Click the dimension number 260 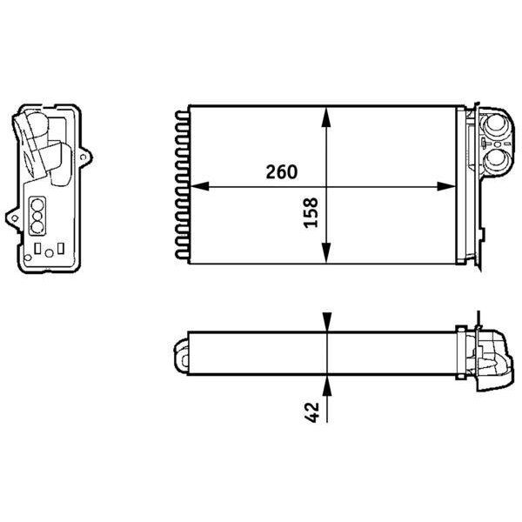click(282, 171)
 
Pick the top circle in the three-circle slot click(38, 206)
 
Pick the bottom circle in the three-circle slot click(38, 228)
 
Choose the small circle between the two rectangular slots click(50, 253)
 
